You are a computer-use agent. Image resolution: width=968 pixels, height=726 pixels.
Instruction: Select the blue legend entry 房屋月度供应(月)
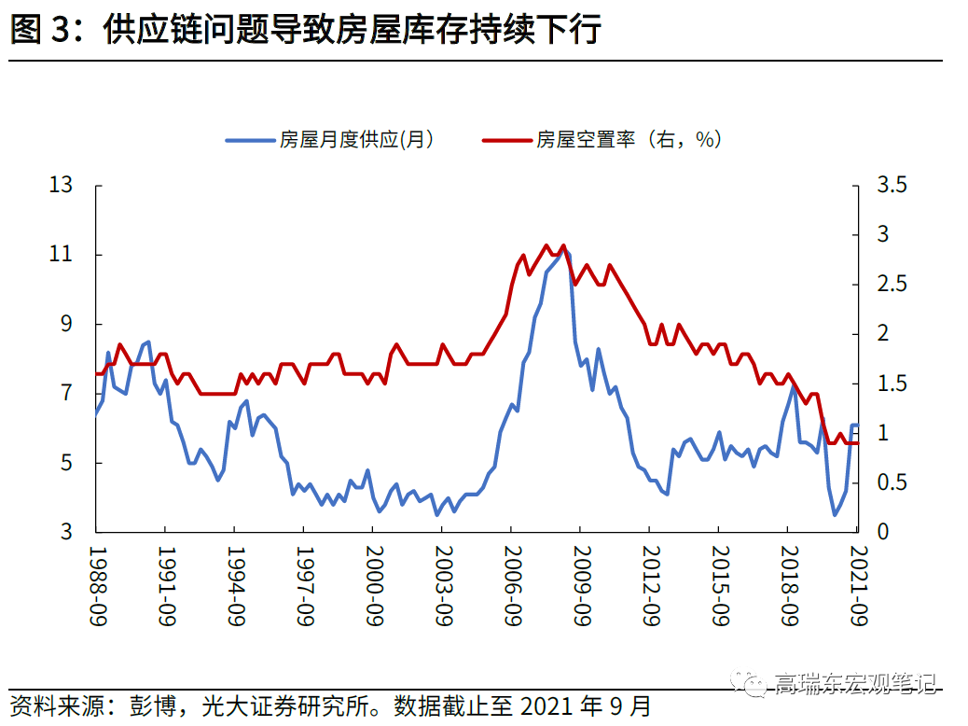coord(330,140)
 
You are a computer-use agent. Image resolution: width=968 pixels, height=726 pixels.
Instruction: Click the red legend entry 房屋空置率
coord(602,140)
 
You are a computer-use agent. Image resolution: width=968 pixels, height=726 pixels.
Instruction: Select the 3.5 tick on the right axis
coord(892,186)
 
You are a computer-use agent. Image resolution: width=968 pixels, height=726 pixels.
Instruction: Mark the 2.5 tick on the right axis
coord(892,285)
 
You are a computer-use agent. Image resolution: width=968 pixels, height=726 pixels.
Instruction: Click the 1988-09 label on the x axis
coord(96,587)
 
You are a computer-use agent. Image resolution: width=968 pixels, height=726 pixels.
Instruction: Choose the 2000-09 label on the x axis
coord(373,587)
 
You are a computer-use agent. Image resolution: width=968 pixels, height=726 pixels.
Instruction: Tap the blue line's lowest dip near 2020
coord(835,514)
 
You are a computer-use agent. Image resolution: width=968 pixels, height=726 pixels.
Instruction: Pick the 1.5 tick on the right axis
coord(892,384)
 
